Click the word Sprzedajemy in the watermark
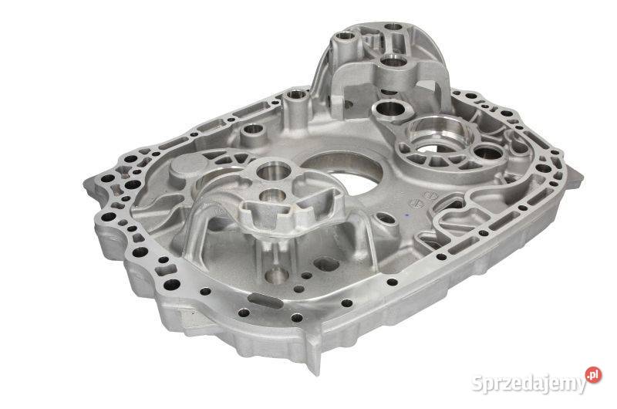coord(529,383)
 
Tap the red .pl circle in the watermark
coord(593,375)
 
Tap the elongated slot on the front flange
coord(265,300)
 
